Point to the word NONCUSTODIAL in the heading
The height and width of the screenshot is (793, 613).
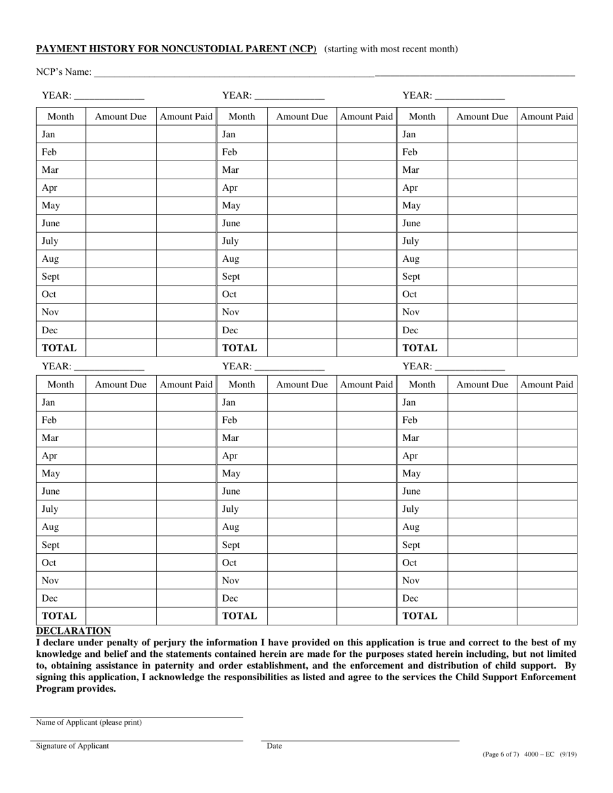[x=211, y=49]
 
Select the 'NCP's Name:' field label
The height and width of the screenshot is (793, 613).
[x=63, y=72]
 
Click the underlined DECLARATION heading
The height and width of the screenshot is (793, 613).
[x=73, y=631]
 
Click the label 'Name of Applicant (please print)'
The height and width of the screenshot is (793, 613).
[x=88, y=723]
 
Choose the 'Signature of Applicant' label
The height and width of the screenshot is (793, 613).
[x=72, y=746]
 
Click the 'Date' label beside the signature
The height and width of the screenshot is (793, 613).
[x=274, y=746]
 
